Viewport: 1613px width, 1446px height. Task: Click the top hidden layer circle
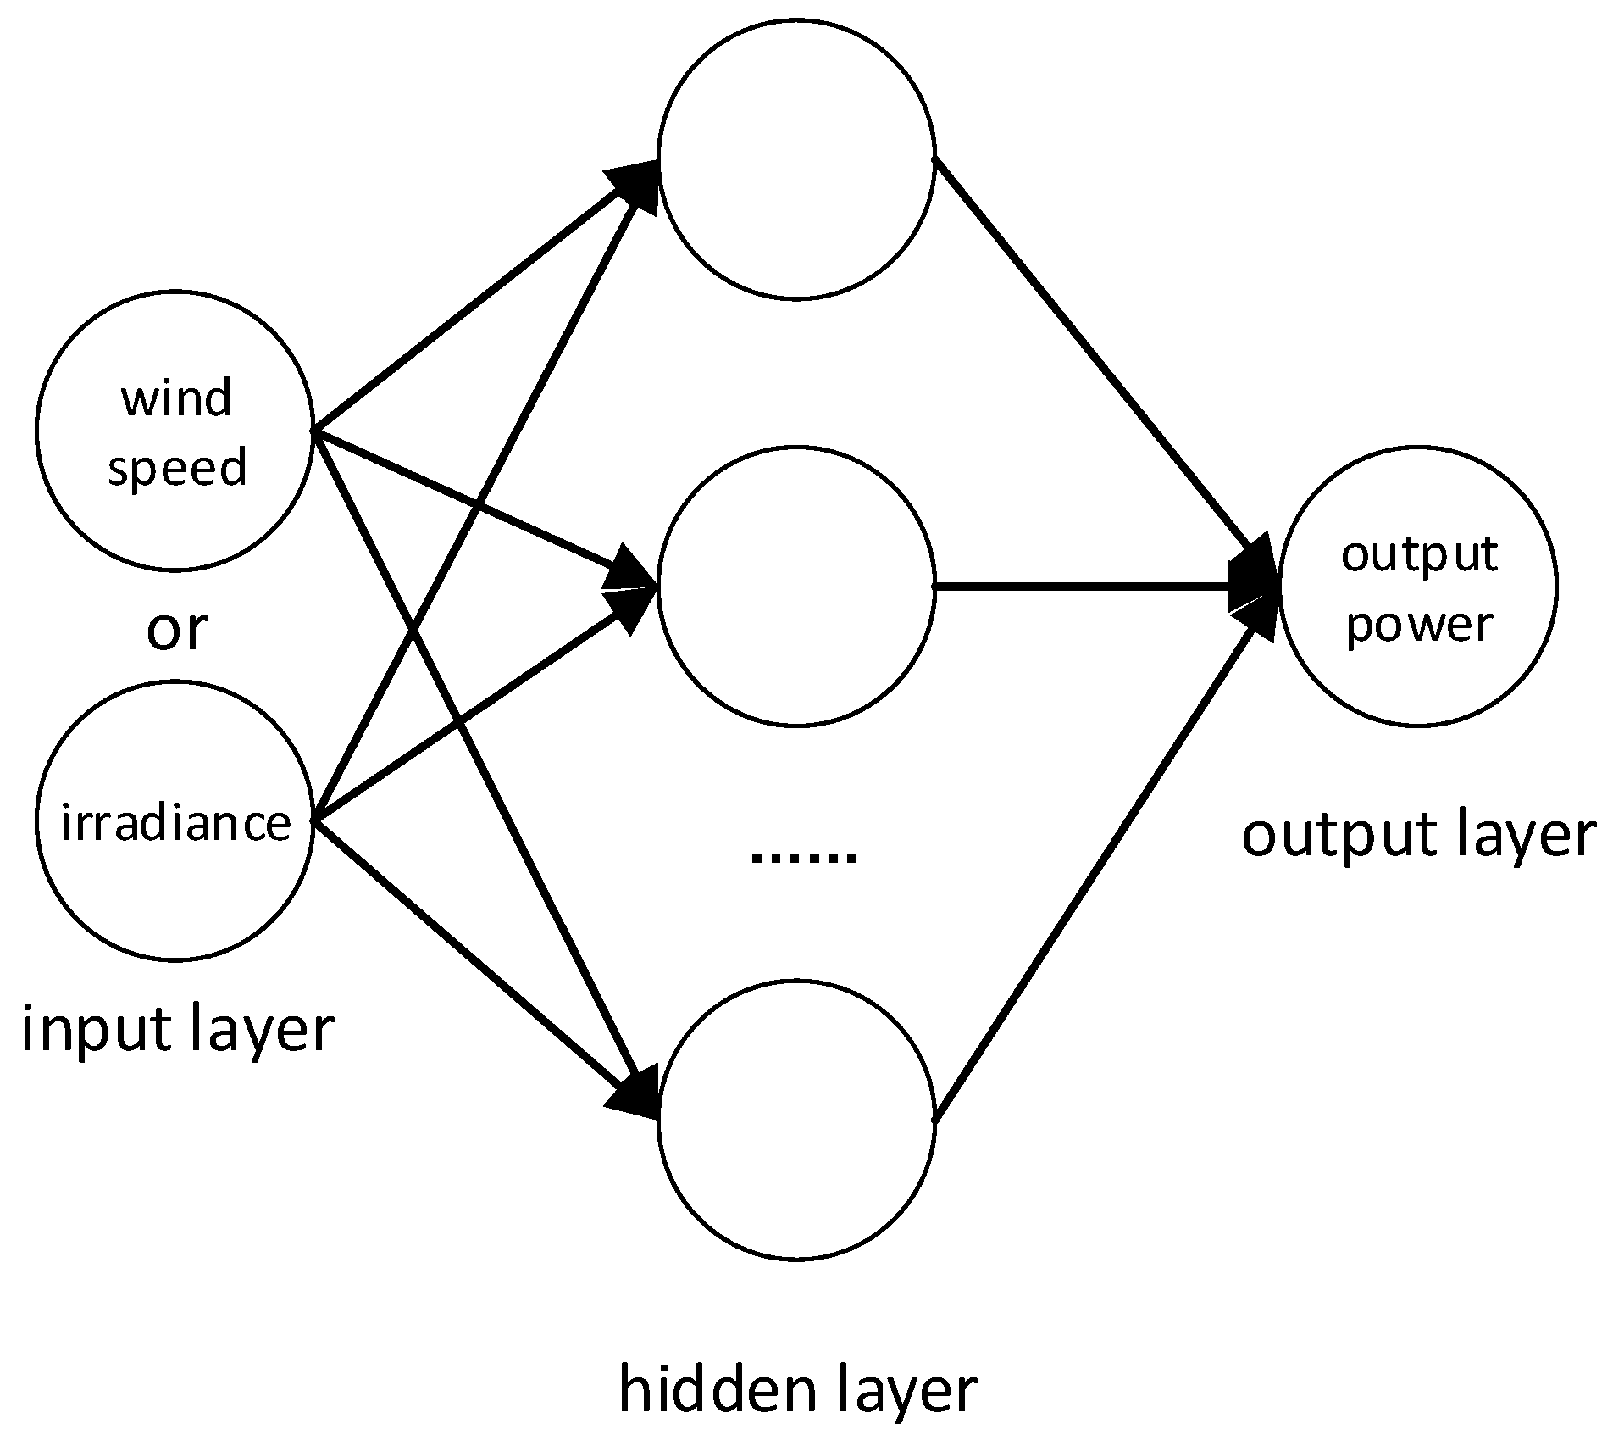pyautogui.click(x=796, y=159)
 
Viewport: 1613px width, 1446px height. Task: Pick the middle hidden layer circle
pyautogui.click(x=796, y=587)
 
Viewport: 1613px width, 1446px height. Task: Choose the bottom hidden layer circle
pyautogui.click(x=796, y=1121)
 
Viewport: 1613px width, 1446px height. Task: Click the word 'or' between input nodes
pyautogui.click(x=177, y=630)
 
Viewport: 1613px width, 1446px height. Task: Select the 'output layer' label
pyautogui.click(x=1419, y=835)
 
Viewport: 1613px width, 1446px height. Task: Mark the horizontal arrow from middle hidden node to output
pyautogui.click(x=1084, y=587)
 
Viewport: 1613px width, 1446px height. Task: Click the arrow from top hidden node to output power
pyautogui.click(x=1093, y=356)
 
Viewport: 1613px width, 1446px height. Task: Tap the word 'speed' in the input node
pyautogui.click(x=177, y=468)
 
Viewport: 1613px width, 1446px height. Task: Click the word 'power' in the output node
pyautogui.click(x=1420, y=626)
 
